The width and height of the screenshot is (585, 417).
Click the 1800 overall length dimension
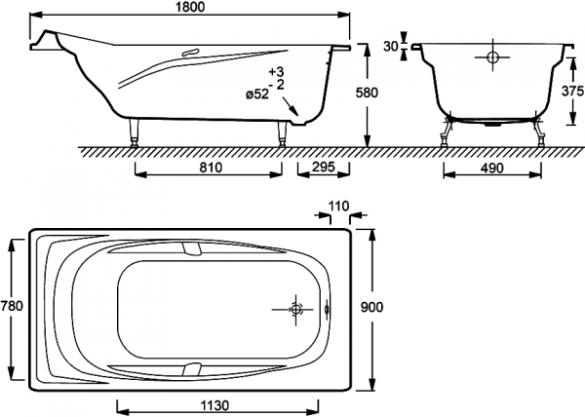190,7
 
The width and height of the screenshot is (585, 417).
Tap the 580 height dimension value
366,93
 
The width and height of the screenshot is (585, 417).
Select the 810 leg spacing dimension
210,168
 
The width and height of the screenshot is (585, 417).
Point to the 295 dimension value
323,167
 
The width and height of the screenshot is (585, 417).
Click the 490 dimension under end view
491,169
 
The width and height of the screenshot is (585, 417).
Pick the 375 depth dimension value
572,91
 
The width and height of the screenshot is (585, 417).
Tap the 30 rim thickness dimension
391,46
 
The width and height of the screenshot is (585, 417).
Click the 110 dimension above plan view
338,207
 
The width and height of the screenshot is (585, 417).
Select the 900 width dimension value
371,308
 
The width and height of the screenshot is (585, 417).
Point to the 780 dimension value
12,306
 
